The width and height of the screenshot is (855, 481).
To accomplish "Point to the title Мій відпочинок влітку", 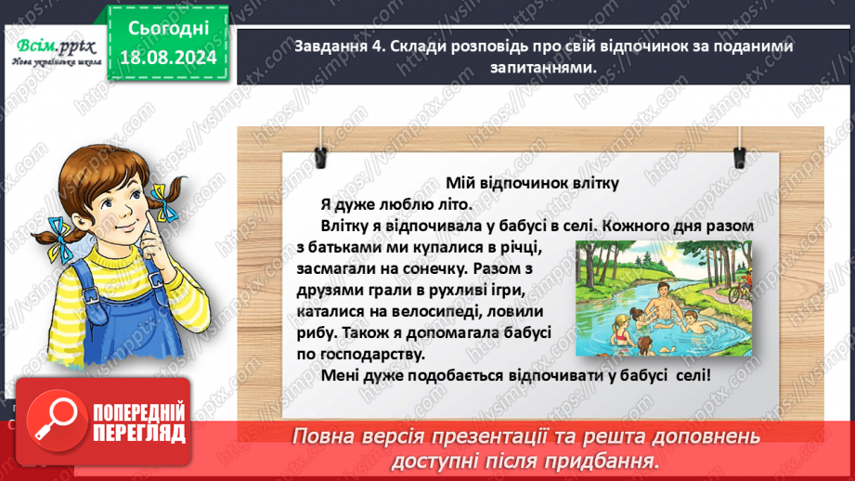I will click(x=531, y=183).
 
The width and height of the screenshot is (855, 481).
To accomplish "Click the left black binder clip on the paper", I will click(x=321, y=138).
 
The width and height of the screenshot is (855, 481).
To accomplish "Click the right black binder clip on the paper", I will click(x=738, y=138).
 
